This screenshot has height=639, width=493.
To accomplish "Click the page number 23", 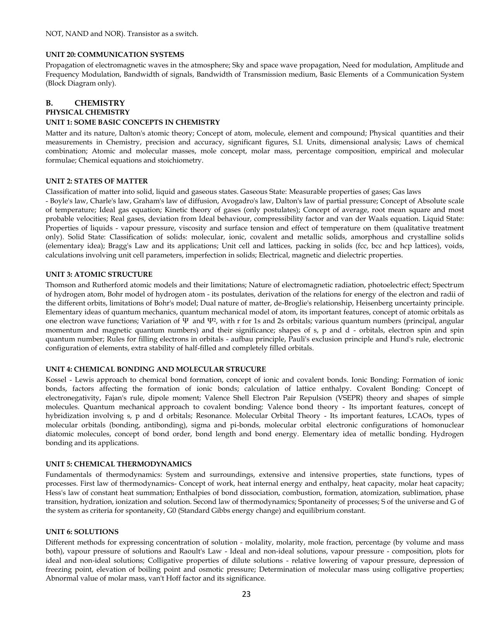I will pyautogui.click(x=246, y=594).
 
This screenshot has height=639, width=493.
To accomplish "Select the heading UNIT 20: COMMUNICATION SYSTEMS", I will pyautogui.click(x=115, y=55).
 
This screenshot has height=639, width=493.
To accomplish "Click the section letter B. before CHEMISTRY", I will pyautogui.click(x=49, y=103).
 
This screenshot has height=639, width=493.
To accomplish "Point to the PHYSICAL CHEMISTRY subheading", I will pyautogui.click(x=88, y=112).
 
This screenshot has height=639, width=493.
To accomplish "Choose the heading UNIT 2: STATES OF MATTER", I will pyautogui.click(x=97, y=181).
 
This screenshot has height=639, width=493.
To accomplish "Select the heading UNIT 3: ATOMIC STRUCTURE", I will pyautogui.click(x=99, y=274).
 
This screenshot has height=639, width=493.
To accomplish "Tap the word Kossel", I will pyautogui.click(x=56, y=380).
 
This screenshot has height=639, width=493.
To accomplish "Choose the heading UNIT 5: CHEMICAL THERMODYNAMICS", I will pyautogui.click(x=119, y=464).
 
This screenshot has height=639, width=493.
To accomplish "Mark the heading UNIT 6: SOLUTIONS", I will pyautogui.click(x=82, y=532).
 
